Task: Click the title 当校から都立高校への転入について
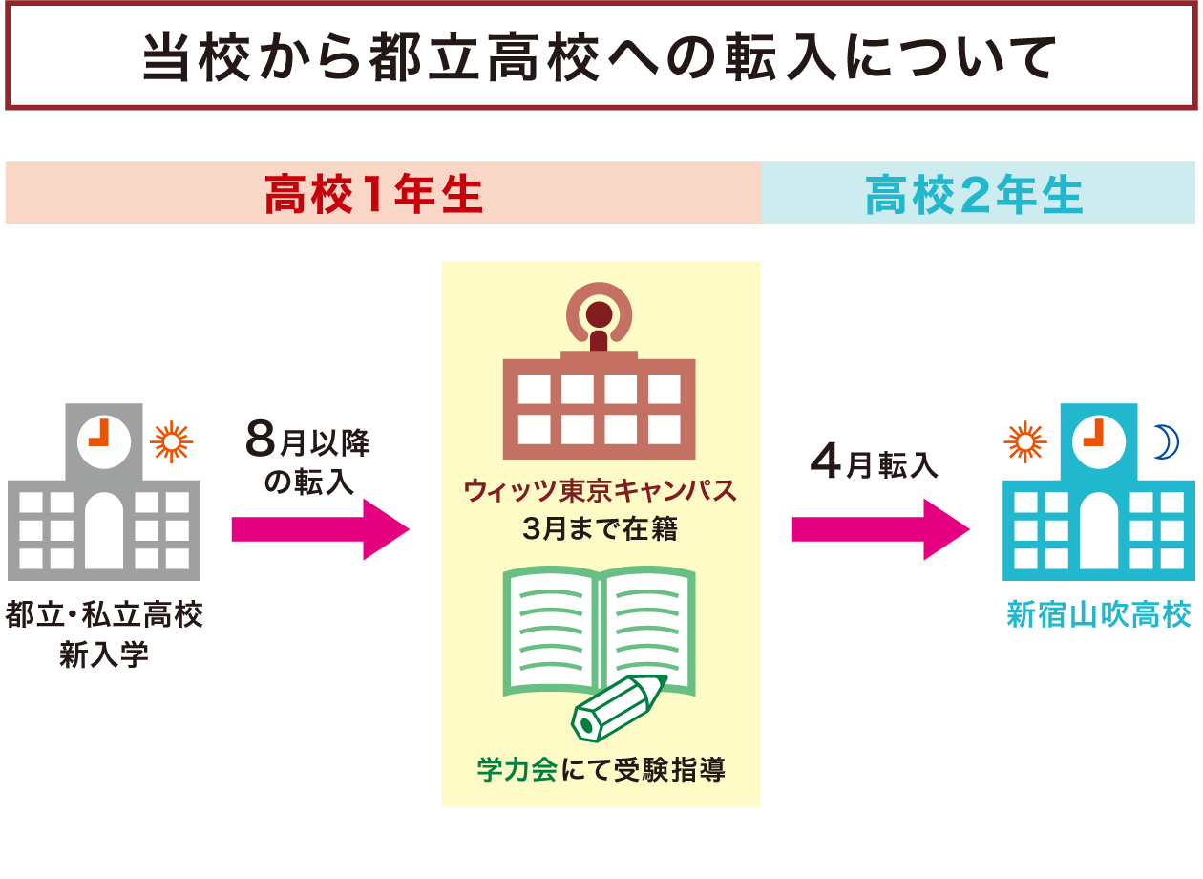pos(600,59)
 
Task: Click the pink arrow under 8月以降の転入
pos(320,528)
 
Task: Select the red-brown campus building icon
pos(599,392)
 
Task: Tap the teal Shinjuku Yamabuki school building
pos(1098,516)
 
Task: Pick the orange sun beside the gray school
pos(173,440)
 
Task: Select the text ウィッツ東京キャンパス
pos(600,491)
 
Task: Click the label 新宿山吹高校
pos(1099,614)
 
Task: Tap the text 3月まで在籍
pos(600,528)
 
